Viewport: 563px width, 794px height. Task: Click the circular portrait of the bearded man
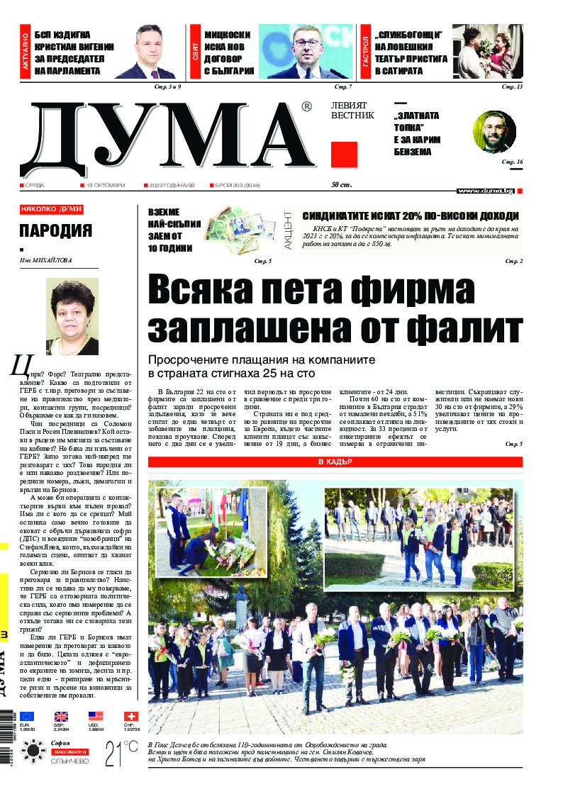pyautogui.click(x=494, y=132)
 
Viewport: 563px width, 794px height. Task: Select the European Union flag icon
pyautogui.click(x=27, y=716)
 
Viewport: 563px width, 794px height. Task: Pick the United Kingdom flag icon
pyautogui.click(x=61, y=716)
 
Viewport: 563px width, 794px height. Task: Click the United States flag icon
pyautogui.click(x=95, y=716)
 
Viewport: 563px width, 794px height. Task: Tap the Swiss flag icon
pyautogui.click(x=130, y=716)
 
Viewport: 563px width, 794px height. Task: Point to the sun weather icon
pyautogui.click(x=33, y=751)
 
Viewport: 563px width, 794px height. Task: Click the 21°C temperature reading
pyautogui.click(x=121, y=754)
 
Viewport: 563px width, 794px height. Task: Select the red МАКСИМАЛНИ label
pyautogui.click(x=69, y=751)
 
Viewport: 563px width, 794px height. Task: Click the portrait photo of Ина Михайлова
pyautogui.click(x=72, y=316)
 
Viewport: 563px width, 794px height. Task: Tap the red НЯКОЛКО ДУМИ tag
pyautogui.click(x=52, y=209)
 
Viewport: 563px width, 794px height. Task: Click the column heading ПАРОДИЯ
pyautogui.click(x=56, y=230)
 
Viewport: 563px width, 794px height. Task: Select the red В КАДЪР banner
pyautogui.click(x=335, y=462)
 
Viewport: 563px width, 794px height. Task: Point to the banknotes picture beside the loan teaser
pyautogui.click(x=240, y=230)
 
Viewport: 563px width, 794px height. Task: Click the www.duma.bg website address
pyautogui.click(x=485, y=191)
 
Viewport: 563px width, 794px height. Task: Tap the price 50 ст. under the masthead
pyautogui.click(x=342, y=185)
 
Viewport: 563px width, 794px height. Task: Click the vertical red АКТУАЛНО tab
pyautogui.click(x=25, y=54)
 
